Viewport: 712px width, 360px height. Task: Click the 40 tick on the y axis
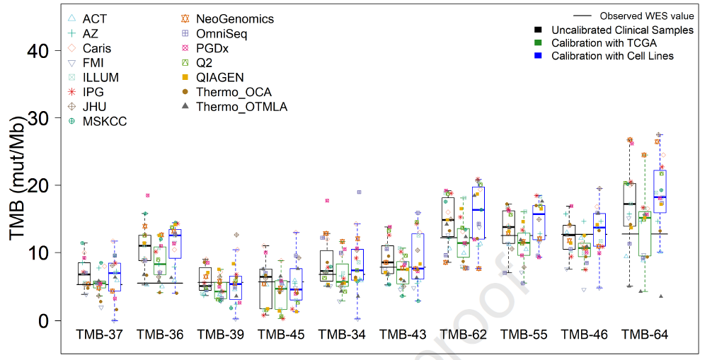tap(39, 51)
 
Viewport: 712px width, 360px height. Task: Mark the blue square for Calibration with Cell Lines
tap(539, 56)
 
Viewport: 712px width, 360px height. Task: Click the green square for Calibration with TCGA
tap(539, 43)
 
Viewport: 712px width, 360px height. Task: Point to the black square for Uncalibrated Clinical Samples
tap(539, 30)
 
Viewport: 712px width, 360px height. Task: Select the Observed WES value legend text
tap(646, 16)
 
